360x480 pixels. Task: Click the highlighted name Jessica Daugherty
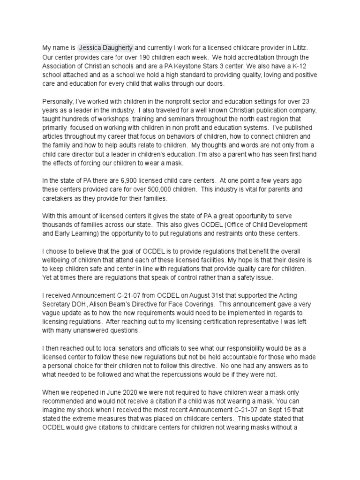pyautogui.click(x=106, y=47)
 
